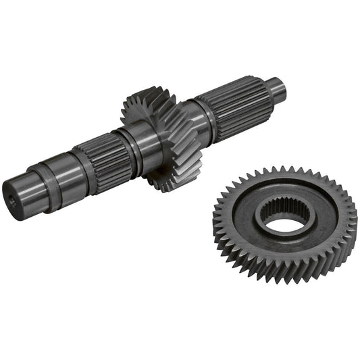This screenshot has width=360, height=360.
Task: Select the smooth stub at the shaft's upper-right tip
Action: click(276, 88)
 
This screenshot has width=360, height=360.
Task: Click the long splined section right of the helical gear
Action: click(240, 109)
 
